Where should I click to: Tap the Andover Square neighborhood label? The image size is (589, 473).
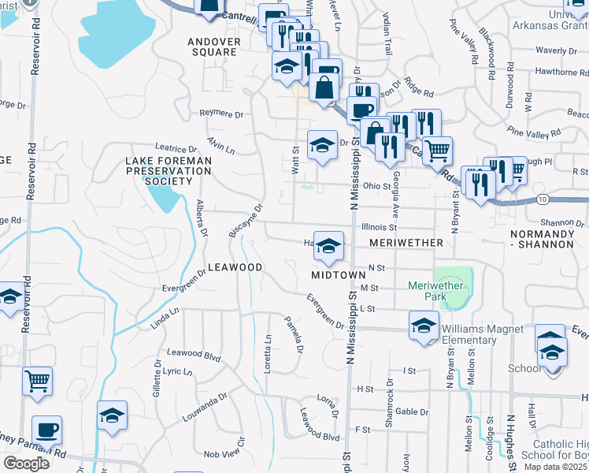[212, 46]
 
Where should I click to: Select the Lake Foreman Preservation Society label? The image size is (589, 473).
[159, 171]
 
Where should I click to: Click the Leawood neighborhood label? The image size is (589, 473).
[235, 268]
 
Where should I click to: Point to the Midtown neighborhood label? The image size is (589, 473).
[338, 275]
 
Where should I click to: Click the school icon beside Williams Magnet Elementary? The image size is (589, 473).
[424, 326]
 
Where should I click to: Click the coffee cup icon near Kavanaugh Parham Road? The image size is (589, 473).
[47, 430]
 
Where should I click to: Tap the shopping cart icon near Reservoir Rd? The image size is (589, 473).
[38, 382]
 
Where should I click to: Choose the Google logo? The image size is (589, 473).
[26, 463]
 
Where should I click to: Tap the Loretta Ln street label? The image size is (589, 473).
[268, 354]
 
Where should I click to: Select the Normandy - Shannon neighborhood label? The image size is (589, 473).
[542, 239]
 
